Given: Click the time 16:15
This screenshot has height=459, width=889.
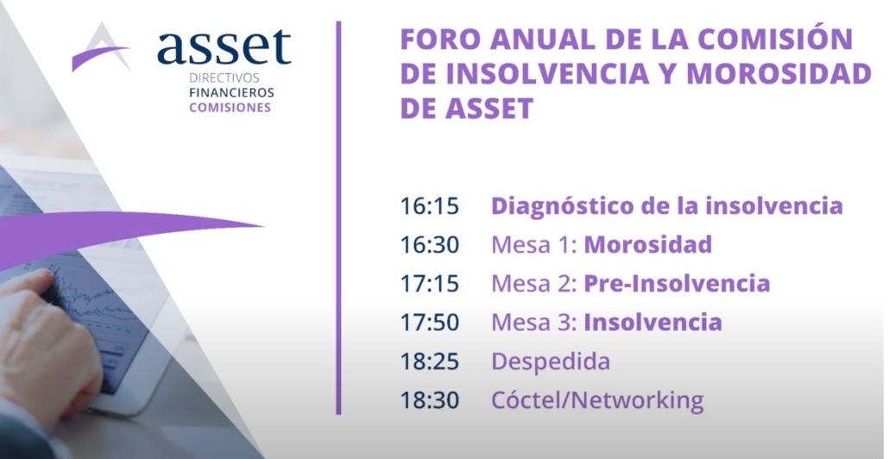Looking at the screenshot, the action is [429, 205].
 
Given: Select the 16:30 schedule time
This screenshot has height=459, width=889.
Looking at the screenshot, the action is [429, 245].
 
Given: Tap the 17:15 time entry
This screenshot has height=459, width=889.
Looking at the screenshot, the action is [429, 283].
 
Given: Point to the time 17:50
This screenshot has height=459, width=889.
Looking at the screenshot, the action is [429, 323].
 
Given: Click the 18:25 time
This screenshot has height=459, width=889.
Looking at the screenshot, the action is [429, 361].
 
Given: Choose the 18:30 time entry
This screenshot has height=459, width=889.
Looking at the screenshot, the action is [429, 400].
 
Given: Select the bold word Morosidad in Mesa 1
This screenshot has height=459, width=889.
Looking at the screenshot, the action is [648, 245].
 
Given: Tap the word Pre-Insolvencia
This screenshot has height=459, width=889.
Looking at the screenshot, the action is [677, 283].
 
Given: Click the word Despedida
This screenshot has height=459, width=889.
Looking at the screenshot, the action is [551, 362].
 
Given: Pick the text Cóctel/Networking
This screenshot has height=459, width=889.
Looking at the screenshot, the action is [597, 400].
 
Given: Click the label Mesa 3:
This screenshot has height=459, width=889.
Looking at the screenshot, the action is [534, 323].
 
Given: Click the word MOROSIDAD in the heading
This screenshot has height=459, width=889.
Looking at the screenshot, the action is [779, 73].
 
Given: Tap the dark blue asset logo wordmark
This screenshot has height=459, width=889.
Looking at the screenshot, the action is [224, 47].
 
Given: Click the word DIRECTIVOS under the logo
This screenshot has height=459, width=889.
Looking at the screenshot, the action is [224, 79].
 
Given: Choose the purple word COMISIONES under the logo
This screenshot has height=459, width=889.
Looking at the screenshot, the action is [230, 108].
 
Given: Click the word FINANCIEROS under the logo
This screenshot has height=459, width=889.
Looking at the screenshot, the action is [231, 93].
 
